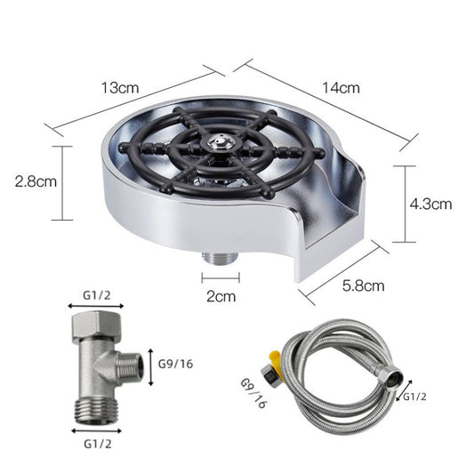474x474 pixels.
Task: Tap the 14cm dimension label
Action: tap(341, 87)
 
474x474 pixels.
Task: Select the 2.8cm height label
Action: tap(36, 182)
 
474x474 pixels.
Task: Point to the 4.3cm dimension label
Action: tap(431, 203)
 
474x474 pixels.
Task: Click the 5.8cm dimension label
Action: tap(365, 285)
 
